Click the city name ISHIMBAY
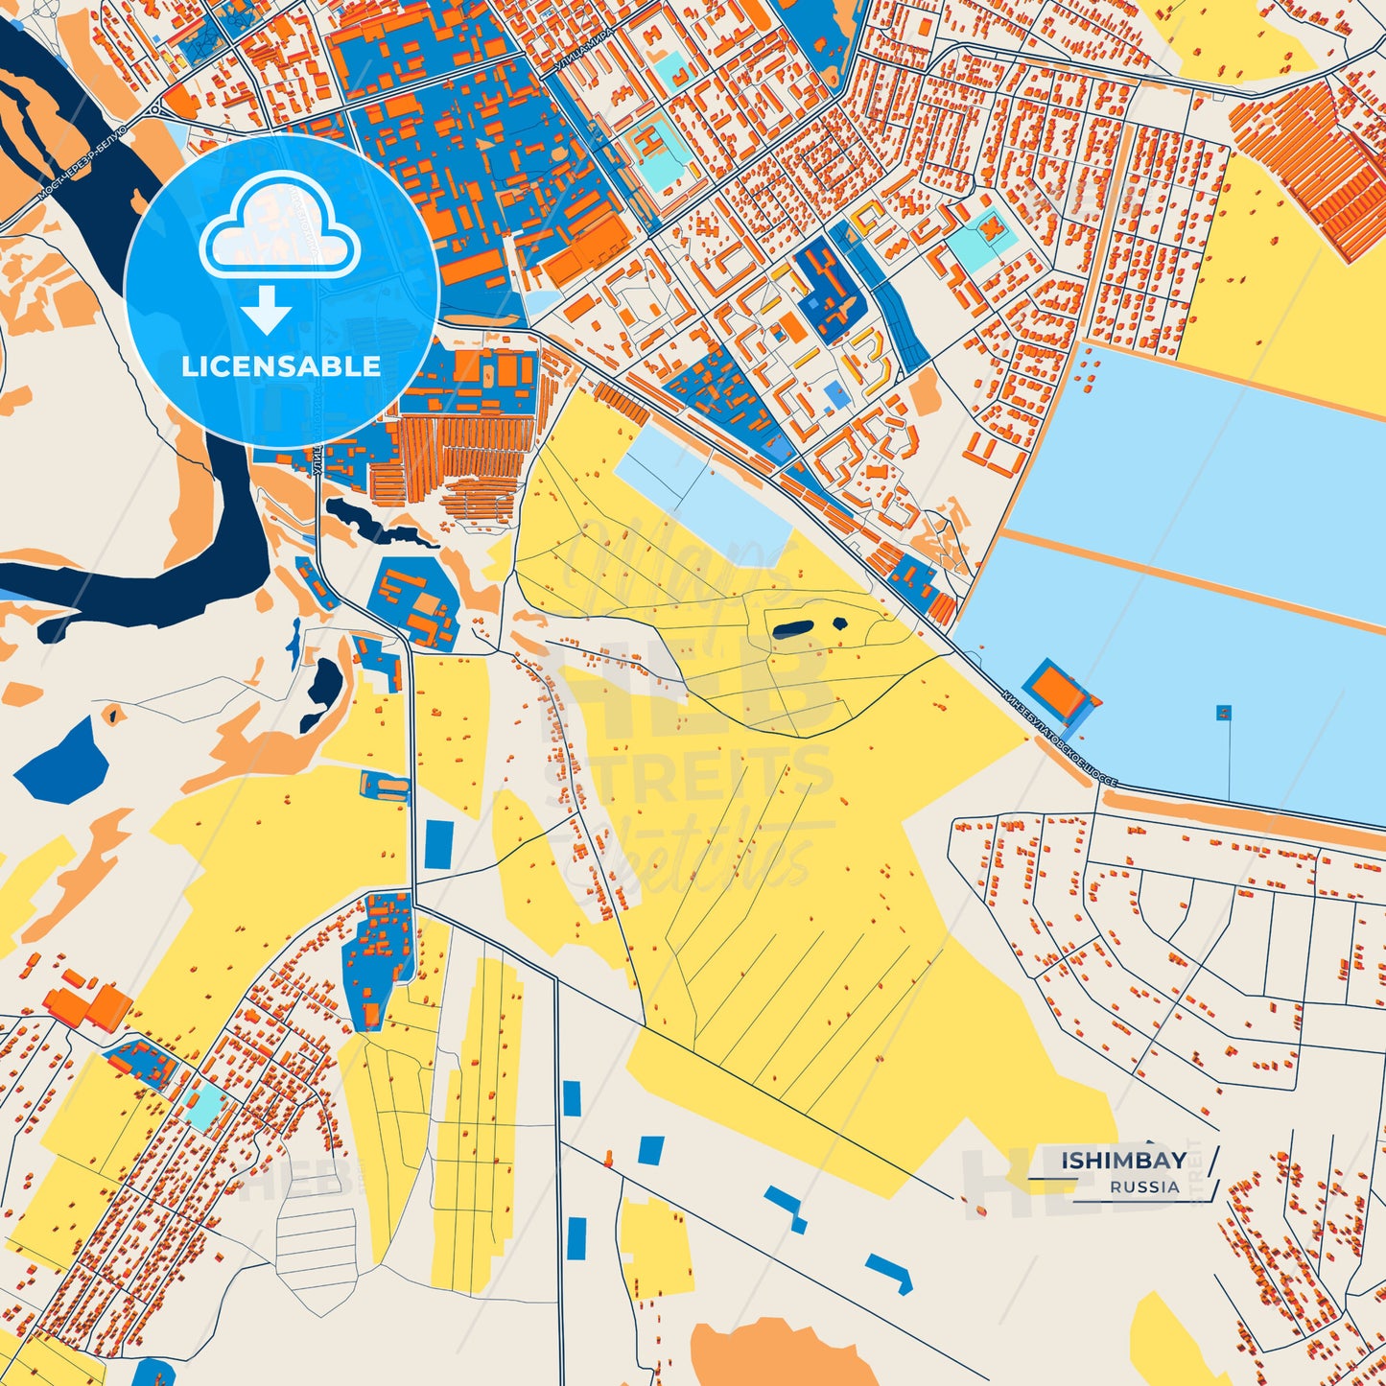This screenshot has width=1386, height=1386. coord(1123,1161)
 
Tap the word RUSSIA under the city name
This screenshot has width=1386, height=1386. coord(1144,1187)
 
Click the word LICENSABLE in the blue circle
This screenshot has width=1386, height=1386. coord(281,366)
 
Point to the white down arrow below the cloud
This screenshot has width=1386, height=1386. coord(267,310)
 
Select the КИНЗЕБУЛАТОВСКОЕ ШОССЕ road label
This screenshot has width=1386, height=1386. coord(1059,738)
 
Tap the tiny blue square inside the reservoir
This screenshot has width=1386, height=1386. coord(1224,712)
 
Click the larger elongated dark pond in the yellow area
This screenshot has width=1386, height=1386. coord(793,628)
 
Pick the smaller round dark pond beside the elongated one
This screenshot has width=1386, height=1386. coord(840,623)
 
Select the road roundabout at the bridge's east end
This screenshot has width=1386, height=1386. coord(154,109)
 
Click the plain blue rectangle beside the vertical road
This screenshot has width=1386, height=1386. coord(438,842)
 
